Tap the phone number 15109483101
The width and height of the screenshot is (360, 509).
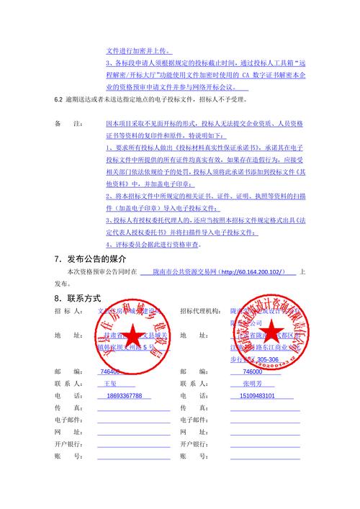256,396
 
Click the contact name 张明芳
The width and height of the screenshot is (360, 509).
253,384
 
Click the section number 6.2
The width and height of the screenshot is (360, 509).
60,96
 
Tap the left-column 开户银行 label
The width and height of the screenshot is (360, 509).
68,444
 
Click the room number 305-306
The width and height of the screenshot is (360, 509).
267,359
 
